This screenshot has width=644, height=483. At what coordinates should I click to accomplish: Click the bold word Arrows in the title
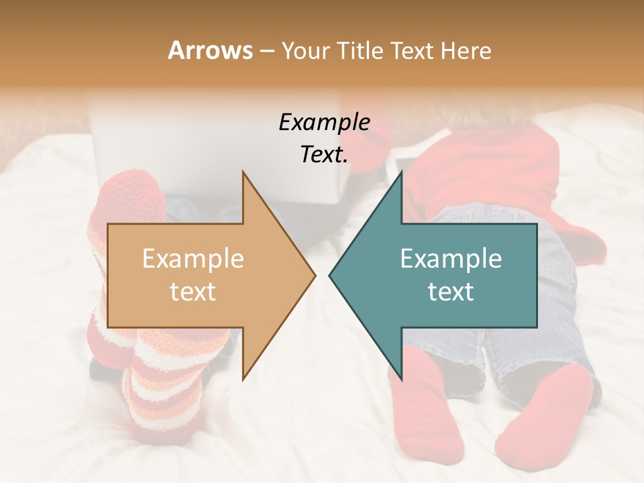210,50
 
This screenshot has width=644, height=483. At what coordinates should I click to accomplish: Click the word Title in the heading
360,50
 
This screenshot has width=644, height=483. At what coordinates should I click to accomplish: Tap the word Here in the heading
466,50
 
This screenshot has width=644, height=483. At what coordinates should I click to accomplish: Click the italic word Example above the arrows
324,122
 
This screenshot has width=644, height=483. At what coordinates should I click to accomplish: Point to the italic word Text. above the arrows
324,155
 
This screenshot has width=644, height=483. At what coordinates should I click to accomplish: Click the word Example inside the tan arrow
193,259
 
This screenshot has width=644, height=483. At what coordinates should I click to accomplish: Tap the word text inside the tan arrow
193,292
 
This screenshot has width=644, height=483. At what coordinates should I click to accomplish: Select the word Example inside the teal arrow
451,259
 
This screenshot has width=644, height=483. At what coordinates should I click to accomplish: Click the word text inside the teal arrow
451,292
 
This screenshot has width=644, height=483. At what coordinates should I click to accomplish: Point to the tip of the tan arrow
315,275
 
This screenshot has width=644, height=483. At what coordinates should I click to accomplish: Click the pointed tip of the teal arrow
330,275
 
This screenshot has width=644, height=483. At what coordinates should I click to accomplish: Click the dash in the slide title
266,52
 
